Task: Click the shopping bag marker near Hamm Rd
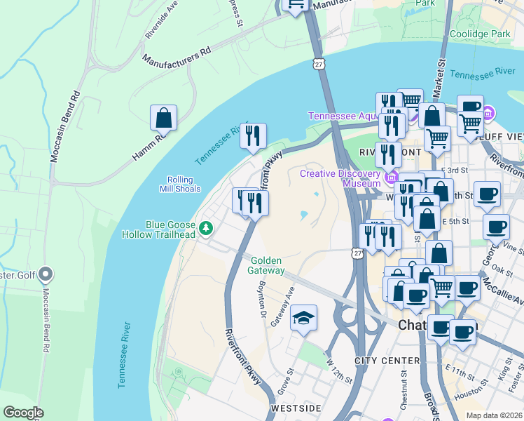[163, 119]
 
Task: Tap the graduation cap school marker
[303, 319]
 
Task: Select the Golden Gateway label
[268, 265]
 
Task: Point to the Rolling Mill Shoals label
[184, 184]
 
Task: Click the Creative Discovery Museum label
[340, 178]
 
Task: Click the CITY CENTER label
[387, 361]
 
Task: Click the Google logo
[23, 413]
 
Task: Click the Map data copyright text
[494, 415]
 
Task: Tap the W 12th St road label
[339, 371]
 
